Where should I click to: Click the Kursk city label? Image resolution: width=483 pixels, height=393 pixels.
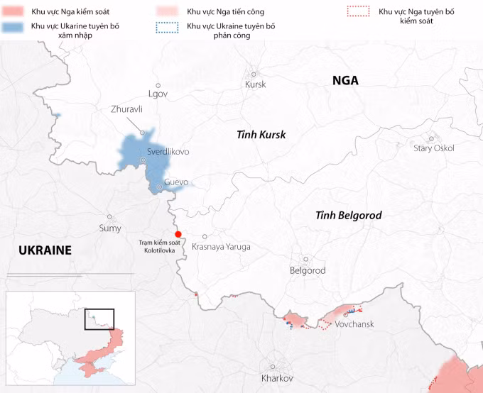pyautogui.click(x=255, y=84)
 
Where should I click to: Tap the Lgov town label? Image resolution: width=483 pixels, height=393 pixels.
pyautogui.click(x=158, y=94)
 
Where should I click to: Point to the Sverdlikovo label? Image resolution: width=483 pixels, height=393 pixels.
pyautogui.click(x=168, y=152)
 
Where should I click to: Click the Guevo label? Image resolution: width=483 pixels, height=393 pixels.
pyautogui.click(x=176, y=182)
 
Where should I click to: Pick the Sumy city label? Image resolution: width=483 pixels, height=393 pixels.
pyautogui.click(x=109, y=228)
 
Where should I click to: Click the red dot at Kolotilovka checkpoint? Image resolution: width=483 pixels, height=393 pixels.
pyautogui.click(x=178, y=235)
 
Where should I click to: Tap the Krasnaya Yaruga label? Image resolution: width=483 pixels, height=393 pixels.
pyautogui.click(x=221, y=247)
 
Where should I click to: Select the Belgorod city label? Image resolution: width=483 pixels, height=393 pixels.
pyautogui.click(x=308, y=270)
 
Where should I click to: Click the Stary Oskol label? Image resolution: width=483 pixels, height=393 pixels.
pyautogui.click(x=433, y=148)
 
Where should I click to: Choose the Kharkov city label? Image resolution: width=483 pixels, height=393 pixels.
pyautogui.click(x=277, y=378)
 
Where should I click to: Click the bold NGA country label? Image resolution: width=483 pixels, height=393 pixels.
pyautogui.click(x=345, y=81)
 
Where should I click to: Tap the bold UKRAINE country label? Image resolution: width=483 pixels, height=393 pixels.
pyautogui.click(x=45, y=250)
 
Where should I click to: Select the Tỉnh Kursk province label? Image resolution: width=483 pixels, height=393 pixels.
pyautogui.click(x=261, y=134)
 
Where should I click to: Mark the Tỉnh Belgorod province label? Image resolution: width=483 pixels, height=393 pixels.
pyautogui.click(x=349, y=215)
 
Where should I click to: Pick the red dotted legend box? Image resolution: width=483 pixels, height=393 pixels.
pyautogui.click(x=357, y=11)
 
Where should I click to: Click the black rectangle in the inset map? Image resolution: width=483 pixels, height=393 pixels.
pyautogui.click(x=99, y=319)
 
